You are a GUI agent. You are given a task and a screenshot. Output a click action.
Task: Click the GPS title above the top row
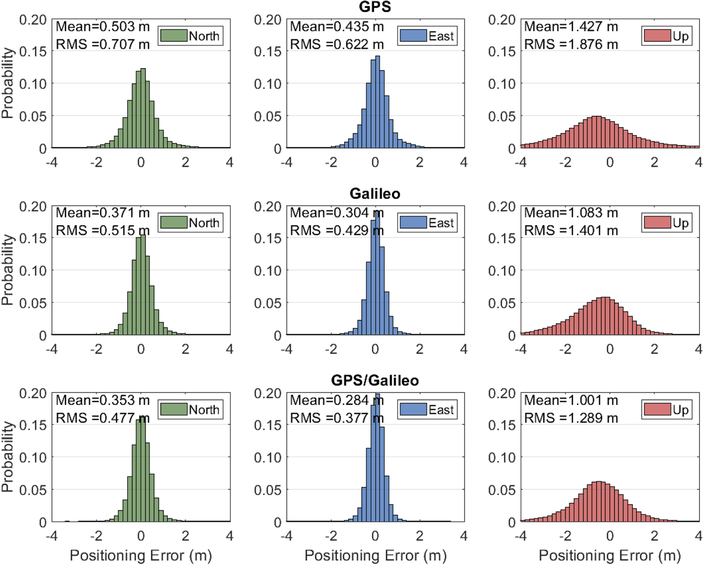click(x=375, y=6)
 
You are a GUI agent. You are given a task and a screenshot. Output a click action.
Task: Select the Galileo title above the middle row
click(x=375, y=193)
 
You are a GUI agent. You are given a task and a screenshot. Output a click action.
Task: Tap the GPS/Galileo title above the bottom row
click(x=375, y=380)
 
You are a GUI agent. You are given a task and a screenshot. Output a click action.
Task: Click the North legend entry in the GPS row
click(x=191, y=36)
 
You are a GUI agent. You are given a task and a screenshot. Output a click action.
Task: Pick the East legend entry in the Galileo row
click(x=427, y=223)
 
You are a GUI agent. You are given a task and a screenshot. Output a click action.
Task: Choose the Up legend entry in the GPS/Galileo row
click(x=667, y=410)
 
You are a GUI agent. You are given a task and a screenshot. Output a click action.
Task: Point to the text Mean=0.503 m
click(x=103, y=27)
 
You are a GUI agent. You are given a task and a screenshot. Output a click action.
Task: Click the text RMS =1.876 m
click(x=571, y=44)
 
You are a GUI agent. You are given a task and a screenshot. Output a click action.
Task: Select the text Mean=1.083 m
click(x=571, y=213)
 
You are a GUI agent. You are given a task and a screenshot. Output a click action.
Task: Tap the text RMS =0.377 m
click(x=336, y=418)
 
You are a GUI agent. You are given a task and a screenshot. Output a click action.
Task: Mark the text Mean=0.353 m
click(x=103, y=400)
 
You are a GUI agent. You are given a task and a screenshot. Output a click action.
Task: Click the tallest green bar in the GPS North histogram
click(x=143, y=108)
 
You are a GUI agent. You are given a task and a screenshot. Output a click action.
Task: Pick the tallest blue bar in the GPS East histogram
click(x=377, y=102)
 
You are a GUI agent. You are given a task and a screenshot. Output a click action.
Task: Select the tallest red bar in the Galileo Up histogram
click(x=606, y=316)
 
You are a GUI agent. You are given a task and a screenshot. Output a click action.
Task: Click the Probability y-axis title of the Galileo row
click(x=7, y=270)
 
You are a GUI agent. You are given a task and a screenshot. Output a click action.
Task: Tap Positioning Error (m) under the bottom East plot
click(x=375, y=556)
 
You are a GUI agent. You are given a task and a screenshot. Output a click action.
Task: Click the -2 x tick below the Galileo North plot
click(x=96, y=349)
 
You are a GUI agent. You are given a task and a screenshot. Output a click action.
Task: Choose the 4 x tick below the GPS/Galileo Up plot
click(x=698, y=536)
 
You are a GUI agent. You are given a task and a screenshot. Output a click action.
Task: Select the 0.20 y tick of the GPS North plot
click(x=33, y=20)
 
